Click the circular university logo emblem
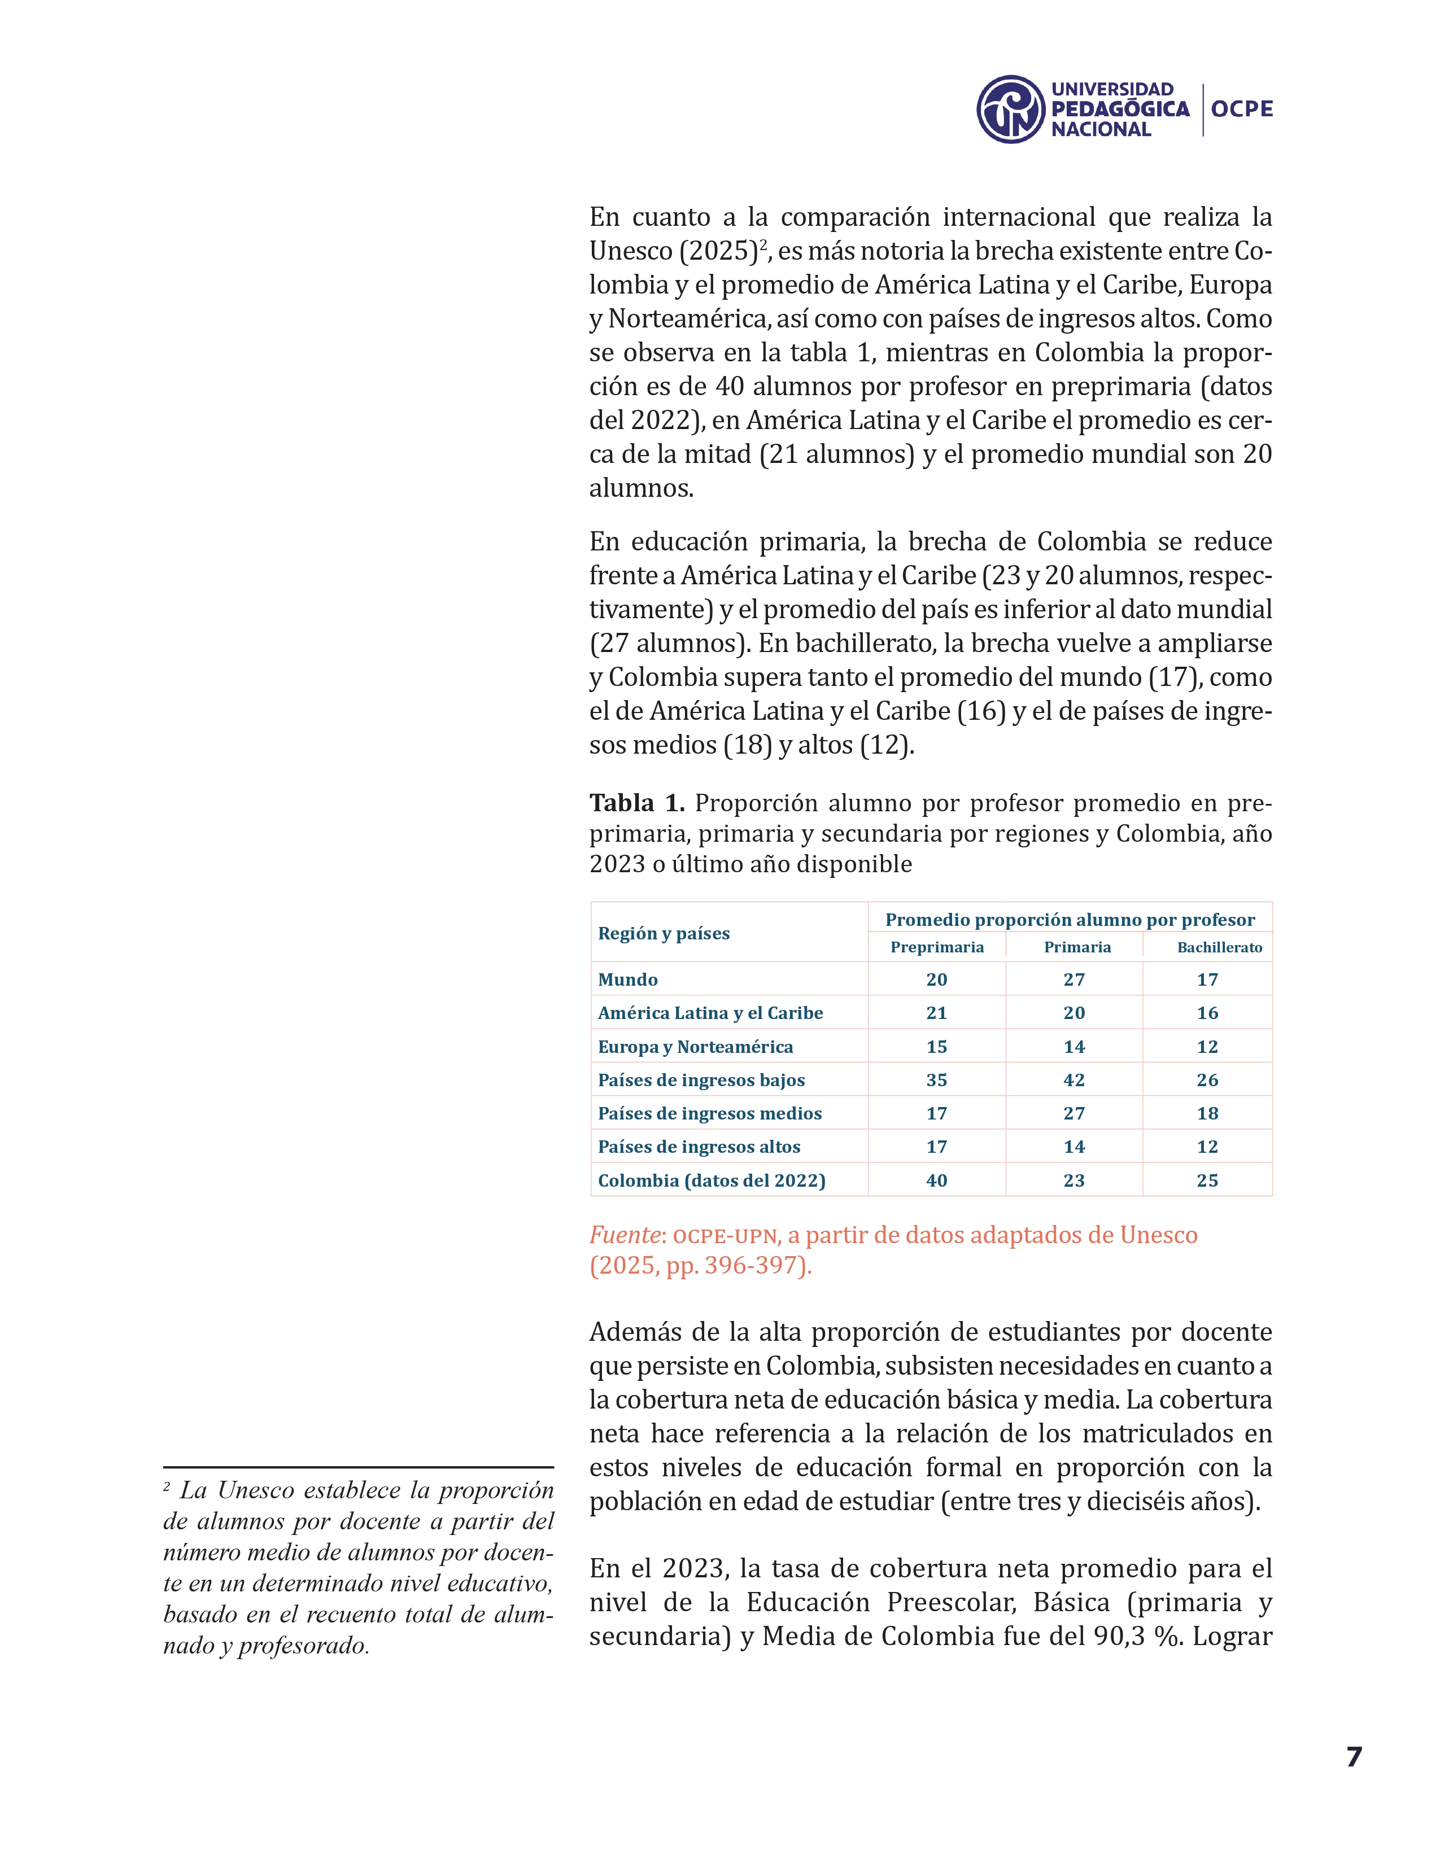pos(1010,109)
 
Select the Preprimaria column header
pos(937,947)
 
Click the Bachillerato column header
pos(1219,947)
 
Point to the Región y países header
pos(664,933)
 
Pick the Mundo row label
pos(628,979)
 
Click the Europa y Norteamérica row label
pos(695,1047)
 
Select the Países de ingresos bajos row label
pos(701,1080)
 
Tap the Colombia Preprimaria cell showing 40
pos(937,1180)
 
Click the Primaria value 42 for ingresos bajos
pos(1074,1080)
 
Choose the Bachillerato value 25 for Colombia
pos(1207,1180)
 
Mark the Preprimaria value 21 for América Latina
pos(937,1013)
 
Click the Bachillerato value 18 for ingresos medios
pos(1207,1113)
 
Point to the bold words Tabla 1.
pos(636,803)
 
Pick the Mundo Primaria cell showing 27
pos(1074,979)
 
